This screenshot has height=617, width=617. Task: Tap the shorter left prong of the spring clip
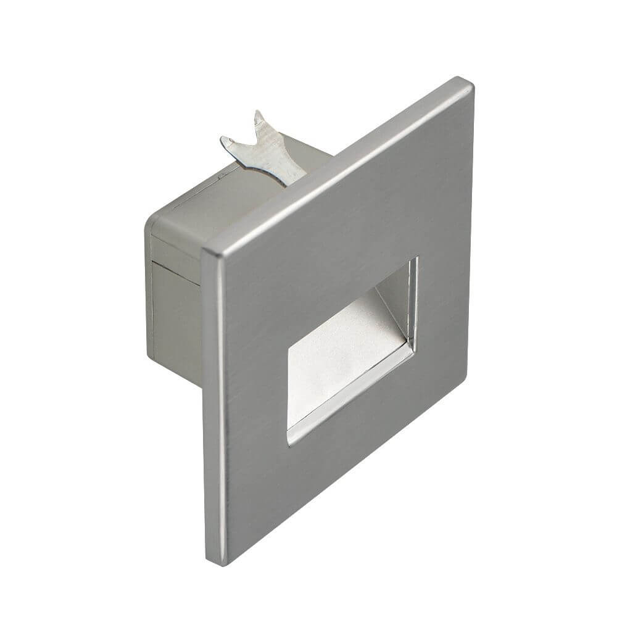coord(230,143)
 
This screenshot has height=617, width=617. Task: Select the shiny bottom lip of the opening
coord(352,395)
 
